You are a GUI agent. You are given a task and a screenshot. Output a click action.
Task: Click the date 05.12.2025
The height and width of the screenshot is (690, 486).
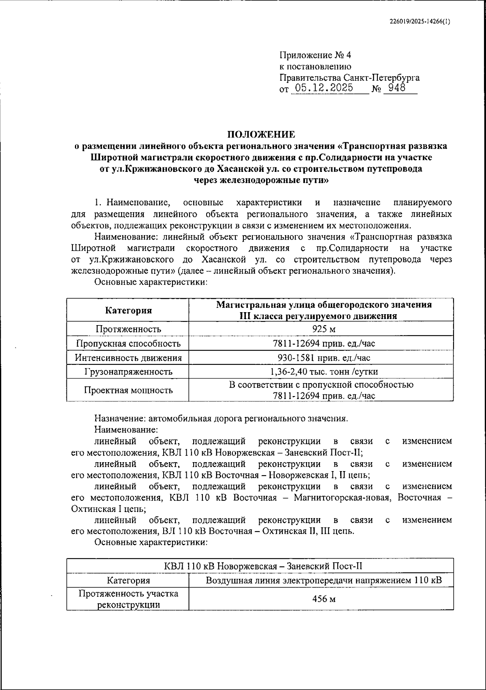(324, 88)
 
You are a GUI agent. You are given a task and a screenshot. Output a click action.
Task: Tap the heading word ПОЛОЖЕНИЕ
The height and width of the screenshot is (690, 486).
(261, 134)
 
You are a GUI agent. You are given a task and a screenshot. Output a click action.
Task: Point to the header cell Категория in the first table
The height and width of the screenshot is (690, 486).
(128, 311)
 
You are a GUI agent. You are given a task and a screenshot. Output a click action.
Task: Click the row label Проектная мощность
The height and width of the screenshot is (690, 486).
(128, 390)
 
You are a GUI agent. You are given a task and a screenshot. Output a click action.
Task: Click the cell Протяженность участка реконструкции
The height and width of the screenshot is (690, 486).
(128, 599)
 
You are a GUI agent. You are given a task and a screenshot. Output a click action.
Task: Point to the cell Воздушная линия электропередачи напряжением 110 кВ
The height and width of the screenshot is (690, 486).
(323, 580)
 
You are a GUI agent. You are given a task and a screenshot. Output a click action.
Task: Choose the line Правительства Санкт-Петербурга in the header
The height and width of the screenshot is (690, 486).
(349, 77)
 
